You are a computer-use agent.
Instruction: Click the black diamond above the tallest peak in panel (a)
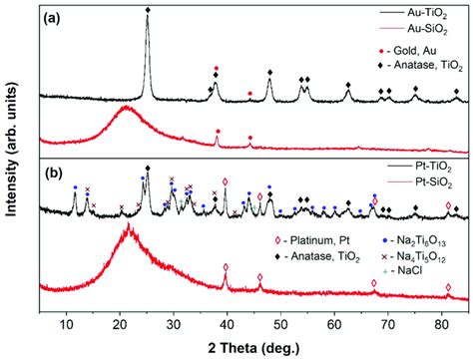(x=148, y=9)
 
